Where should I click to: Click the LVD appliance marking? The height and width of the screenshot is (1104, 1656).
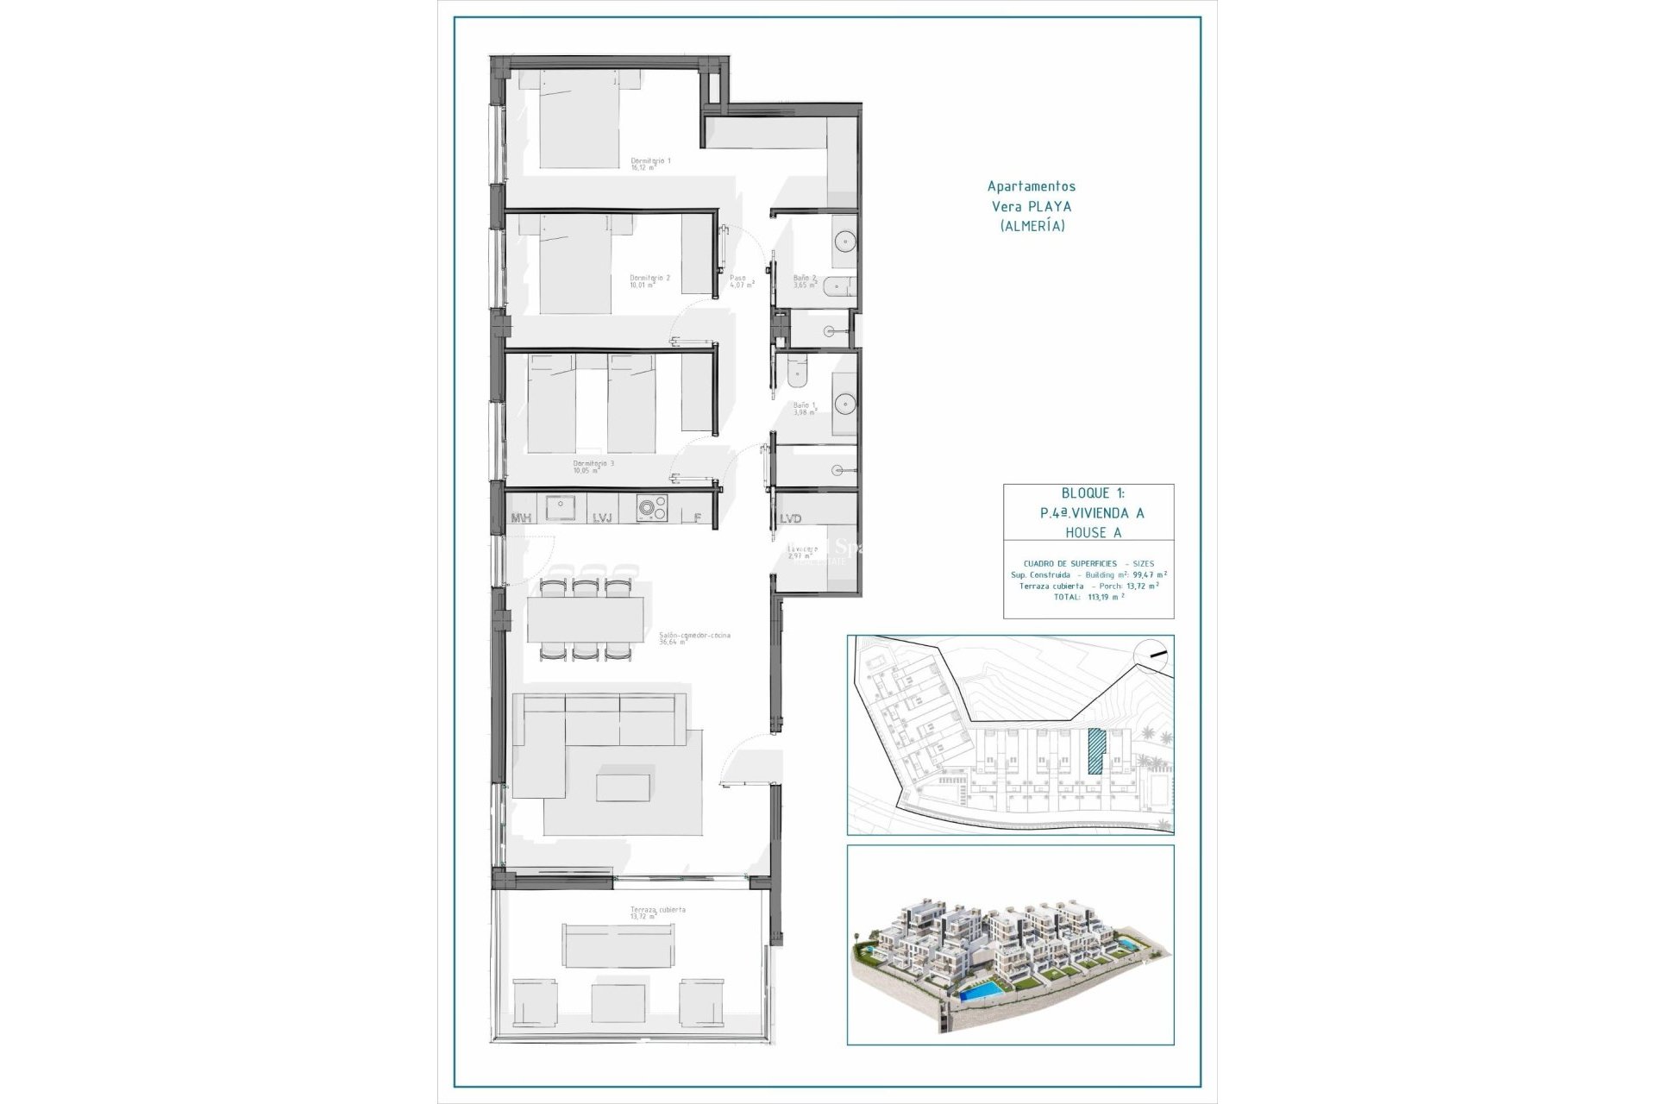[791, 518]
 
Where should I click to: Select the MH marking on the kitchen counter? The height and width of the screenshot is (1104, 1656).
[521, 518]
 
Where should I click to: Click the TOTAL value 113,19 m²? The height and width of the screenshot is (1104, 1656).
[1106, 596]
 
